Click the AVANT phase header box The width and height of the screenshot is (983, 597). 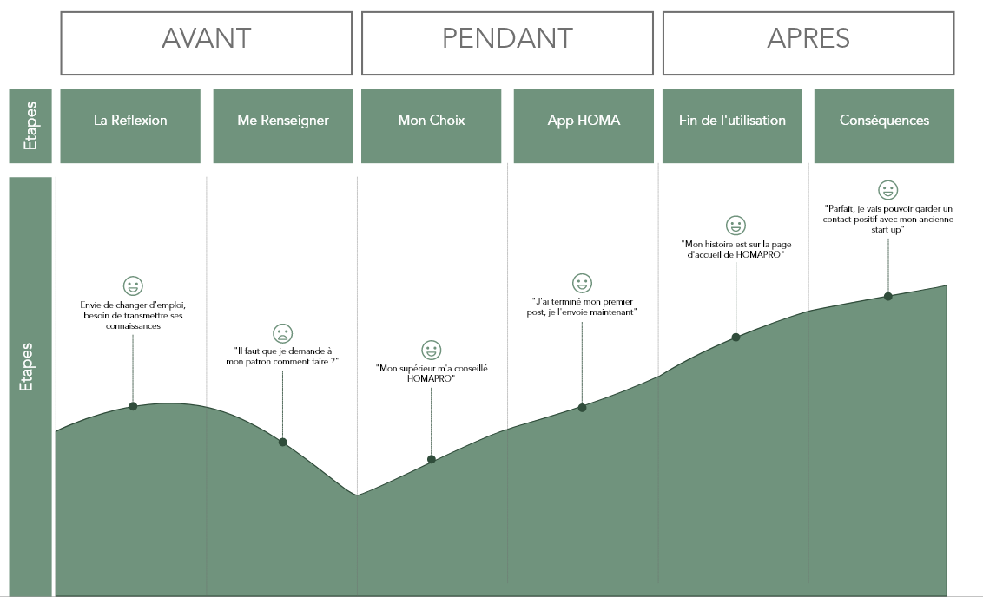206,43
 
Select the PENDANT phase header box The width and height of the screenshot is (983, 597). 507,43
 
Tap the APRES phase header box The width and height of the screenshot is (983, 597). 808,43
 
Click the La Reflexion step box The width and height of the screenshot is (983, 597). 130,126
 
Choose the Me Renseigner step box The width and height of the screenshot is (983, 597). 283,126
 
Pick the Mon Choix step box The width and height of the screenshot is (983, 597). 432,126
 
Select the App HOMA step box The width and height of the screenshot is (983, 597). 584,126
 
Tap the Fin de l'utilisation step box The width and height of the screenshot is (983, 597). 732,126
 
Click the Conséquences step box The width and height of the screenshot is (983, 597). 884,126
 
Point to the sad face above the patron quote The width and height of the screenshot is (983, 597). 283,332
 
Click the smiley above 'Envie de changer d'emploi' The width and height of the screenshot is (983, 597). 133,285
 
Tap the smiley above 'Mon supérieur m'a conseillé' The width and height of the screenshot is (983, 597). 432,350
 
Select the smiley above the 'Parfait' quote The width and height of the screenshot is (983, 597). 887,189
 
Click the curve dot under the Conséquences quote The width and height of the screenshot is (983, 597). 887,296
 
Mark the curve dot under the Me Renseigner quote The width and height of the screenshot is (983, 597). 283,443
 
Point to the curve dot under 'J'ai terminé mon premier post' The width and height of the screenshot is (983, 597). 582,407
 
